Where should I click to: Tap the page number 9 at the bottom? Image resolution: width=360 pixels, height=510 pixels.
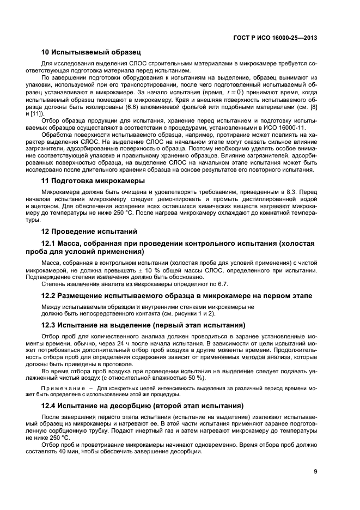(x=315, y=472)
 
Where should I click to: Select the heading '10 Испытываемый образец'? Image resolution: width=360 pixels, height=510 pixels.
(x=91, y=53)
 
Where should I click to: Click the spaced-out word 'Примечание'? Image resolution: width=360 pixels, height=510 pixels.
(x=59, y=388)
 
